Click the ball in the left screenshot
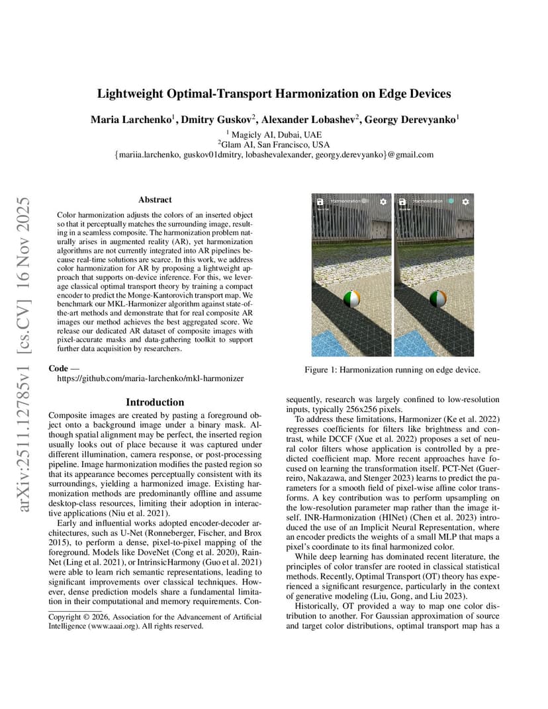pyautogui.click(x=351, y=300)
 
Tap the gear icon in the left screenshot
pyautogui.click(x=383, y=201)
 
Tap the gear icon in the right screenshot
pyautogui.click(x=466, y=201)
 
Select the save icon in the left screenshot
pyautogui.click(x=319, y=201)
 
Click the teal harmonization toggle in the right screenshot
pyautogui.click(x=450, y=200)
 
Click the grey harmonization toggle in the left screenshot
pyautogui.click(x=365, y=200)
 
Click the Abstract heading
pyautogui.click(x=155, y=199)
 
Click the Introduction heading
pyautogui.click(x=155, y=402)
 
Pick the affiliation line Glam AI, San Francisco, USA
pyautogui.click(x=273, y=144)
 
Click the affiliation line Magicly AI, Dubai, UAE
pyautogui.click(x=273, y=133)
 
